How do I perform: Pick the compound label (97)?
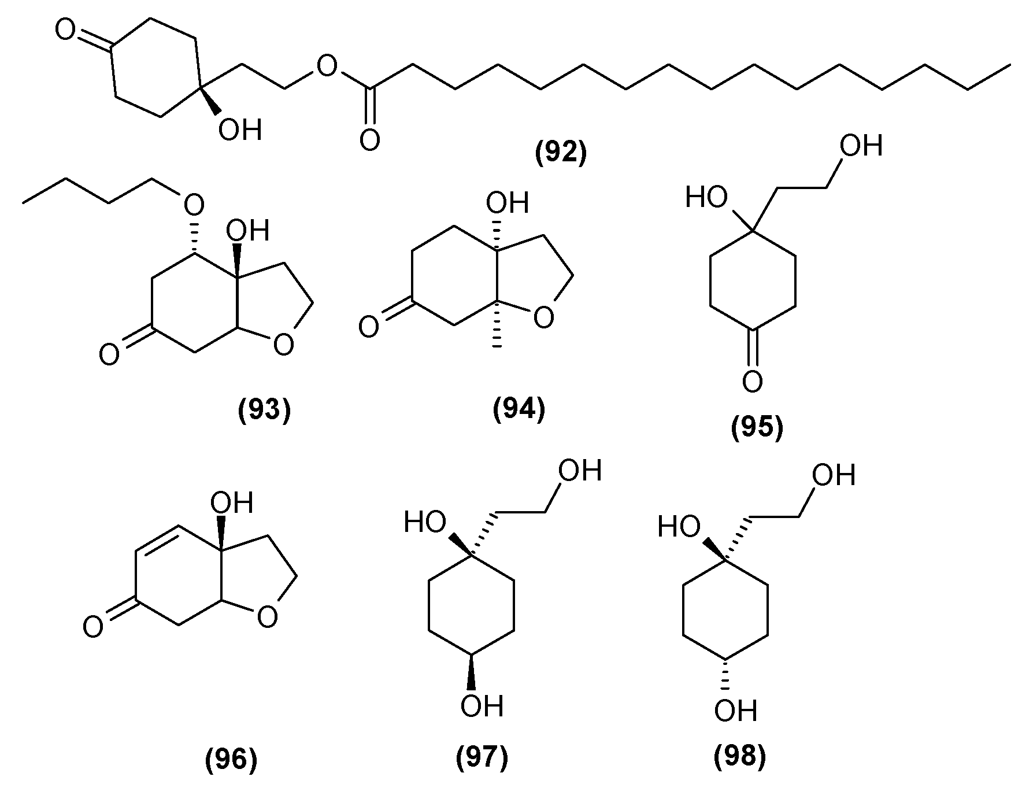[x=482, y=757]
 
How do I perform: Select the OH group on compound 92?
[x=239, y=130]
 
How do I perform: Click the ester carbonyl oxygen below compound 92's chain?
[x=369, y=139]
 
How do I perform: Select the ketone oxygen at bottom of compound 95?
[x=752, y=381]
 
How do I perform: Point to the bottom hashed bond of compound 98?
[x=727, y=675]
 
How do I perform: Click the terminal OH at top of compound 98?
[x=833, y=475]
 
